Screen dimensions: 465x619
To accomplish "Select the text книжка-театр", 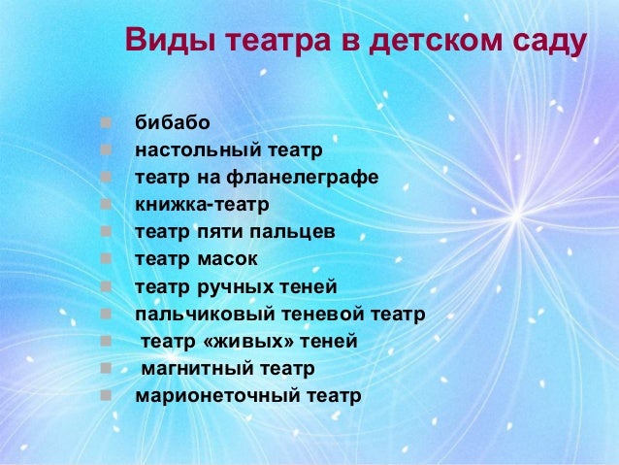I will [202, 206].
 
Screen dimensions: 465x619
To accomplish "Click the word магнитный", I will [190, 369].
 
